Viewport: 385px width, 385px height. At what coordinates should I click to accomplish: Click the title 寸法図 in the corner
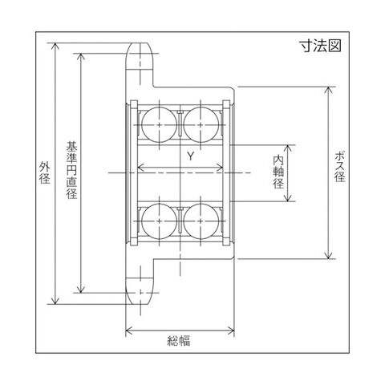[320, 46]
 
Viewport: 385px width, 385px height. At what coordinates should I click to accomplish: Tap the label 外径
[45, 172]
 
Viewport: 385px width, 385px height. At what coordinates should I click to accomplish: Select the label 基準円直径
[71, 170]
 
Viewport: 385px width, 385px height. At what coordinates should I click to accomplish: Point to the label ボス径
[340, 166]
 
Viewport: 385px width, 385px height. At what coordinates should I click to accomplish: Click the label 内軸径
[278, 172]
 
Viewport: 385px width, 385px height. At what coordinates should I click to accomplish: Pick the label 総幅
[179, 341]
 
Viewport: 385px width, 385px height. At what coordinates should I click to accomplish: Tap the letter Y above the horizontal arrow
[190, 156]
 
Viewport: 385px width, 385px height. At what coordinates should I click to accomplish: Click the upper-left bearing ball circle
[160, 124]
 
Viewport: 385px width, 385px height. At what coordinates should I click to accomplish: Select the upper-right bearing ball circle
[201, 124]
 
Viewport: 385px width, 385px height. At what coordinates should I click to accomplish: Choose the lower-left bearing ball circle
[160, 221]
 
